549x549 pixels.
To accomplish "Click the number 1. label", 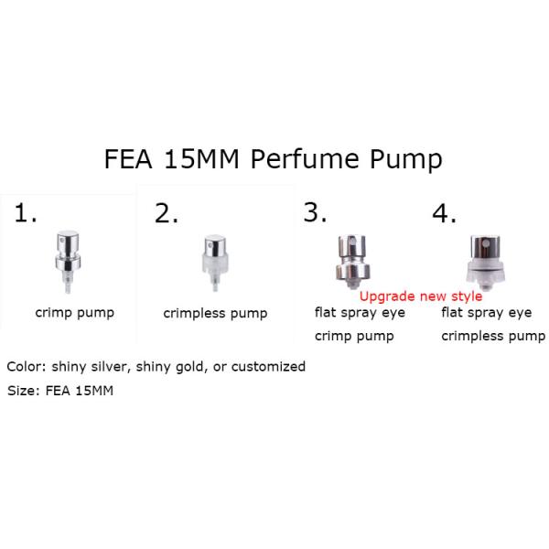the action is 26,213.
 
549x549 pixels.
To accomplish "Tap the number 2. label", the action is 167,213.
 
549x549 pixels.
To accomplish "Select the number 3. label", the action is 315,212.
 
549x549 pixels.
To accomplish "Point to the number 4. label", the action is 445,213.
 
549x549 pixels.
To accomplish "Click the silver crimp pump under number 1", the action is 68,262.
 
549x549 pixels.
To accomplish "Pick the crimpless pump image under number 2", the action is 215,263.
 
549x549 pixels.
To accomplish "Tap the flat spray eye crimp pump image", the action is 352,262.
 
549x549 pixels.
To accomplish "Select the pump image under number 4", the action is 485,263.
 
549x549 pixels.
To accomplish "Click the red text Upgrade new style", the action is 421,296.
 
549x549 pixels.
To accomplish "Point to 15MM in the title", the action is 201,159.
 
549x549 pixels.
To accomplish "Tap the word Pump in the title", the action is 406,161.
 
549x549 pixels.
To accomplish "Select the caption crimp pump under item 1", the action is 75,313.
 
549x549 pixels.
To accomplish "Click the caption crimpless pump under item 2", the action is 215,314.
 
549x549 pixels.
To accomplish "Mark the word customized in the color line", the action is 268,367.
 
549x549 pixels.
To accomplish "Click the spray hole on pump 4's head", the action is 485,243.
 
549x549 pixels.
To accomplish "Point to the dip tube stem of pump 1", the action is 68,283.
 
